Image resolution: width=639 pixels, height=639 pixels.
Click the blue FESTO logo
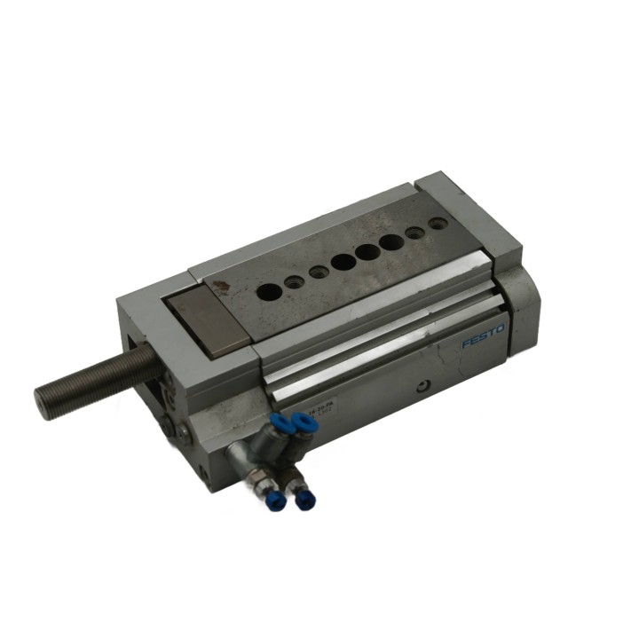click(482, 336)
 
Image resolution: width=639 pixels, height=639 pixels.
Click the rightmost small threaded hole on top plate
click(437, 224)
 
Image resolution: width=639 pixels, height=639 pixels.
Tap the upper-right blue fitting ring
click(305, 424)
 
